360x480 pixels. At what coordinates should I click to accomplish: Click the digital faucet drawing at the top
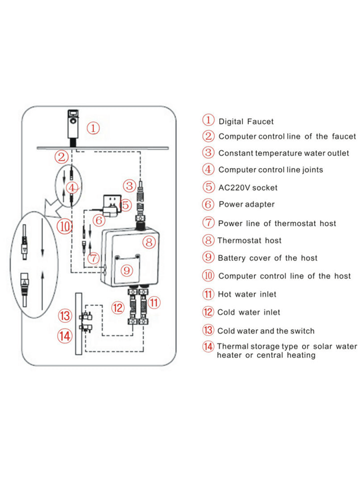pos(73,128)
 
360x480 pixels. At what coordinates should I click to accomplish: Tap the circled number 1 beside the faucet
pos(93,128)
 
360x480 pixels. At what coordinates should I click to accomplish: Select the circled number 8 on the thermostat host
pos(149,243)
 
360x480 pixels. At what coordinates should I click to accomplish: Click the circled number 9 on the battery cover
pos(127,270)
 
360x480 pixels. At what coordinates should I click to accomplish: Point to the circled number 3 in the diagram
pos(129,186)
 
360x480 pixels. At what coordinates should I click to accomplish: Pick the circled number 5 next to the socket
pos(126,205)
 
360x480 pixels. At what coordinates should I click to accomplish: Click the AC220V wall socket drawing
pos(112,200)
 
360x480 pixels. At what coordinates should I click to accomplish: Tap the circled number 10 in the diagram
pos(65,227)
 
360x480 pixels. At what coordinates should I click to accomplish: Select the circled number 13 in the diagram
pos(65,316)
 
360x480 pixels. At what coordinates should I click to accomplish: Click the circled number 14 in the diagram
pos(65,336)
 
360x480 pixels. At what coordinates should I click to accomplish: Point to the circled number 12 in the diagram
pos(117,308)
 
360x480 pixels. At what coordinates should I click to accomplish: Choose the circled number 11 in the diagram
pos(154,303)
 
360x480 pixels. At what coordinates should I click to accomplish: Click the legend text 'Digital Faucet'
pos(246,121)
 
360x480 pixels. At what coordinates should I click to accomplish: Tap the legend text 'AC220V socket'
pos(247,187)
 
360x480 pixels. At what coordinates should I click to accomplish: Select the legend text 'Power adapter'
pos(247,205)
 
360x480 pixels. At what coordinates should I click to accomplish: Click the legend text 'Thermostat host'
pos(249,241)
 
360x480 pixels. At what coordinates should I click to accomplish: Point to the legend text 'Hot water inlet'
pos(247,295)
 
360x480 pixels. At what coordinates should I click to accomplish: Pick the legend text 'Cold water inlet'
pos(249,313)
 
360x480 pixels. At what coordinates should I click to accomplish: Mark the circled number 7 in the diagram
pos(93,258)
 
